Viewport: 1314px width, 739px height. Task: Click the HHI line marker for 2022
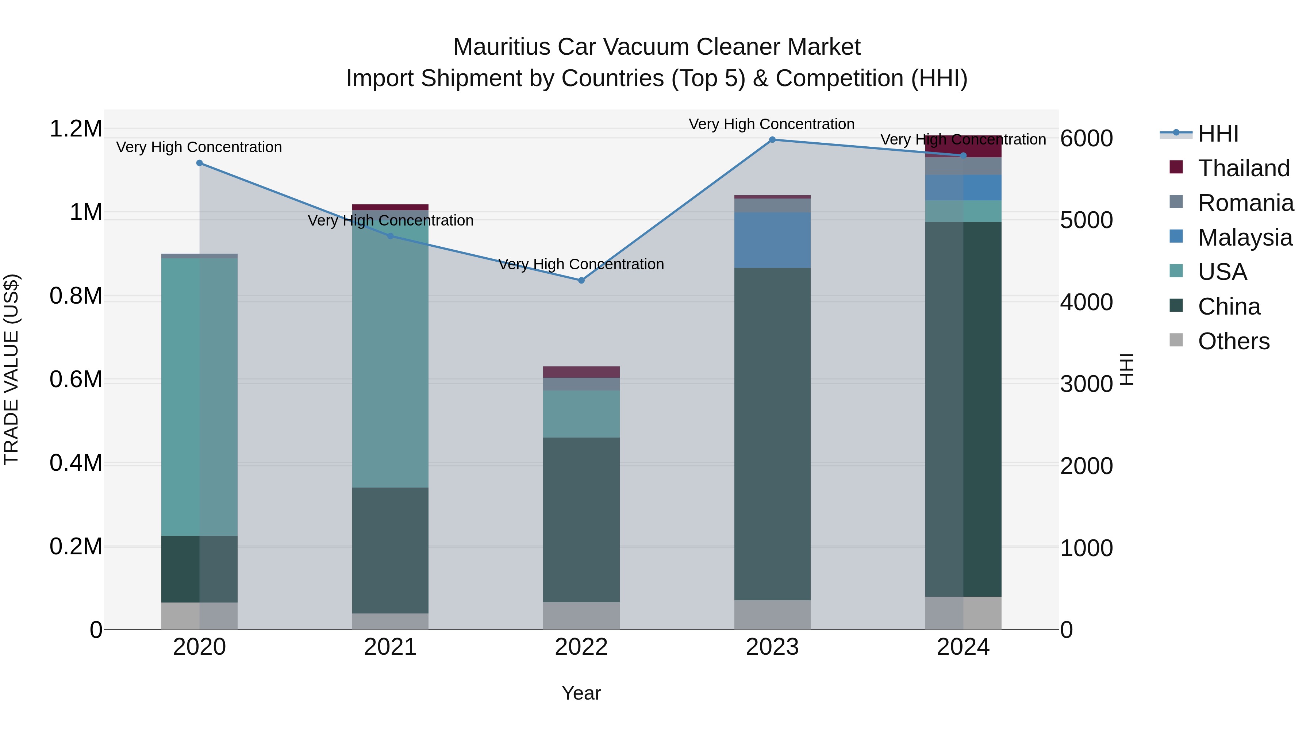pos(581,281)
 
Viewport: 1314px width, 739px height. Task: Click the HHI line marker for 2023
pos(772,140)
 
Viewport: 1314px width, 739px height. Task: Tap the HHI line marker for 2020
pos(199,163)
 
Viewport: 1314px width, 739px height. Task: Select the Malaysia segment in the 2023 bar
pos(772,240)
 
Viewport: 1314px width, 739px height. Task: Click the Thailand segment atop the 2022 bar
pos(581,372)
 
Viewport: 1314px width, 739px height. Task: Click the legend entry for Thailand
pos(1243,168)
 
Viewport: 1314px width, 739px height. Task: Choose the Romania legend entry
pos(1245,203)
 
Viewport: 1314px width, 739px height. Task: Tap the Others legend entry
pos(1233,341)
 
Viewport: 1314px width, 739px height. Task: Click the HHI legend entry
pos(1218,134)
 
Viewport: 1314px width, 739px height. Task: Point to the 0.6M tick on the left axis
pos(76,380)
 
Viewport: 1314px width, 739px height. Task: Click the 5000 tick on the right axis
pos(1087,220)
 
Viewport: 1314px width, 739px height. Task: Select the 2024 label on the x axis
pos(963,647)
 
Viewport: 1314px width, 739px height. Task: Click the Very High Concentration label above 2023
pos(771,124)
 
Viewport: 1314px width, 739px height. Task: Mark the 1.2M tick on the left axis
pos(76,128)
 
